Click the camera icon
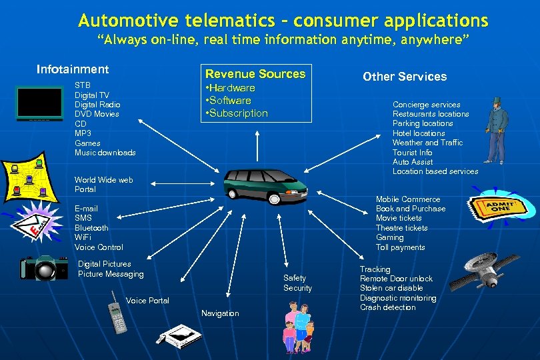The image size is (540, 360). point(43,268)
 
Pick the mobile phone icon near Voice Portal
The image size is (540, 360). point(117,313)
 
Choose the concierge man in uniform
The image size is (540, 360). point(497,130)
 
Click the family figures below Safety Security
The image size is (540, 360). point(299,327)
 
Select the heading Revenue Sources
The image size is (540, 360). point(255,74)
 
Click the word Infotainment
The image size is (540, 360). point(73,69)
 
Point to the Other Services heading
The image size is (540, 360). point(405,77)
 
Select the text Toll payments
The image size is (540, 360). point(400,247)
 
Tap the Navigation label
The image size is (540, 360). point(220,313)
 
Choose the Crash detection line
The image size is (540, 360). point(388,307)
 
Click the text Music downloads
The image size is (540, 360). point(105,153)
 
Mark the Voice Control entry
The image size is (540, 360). point(99,247)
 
